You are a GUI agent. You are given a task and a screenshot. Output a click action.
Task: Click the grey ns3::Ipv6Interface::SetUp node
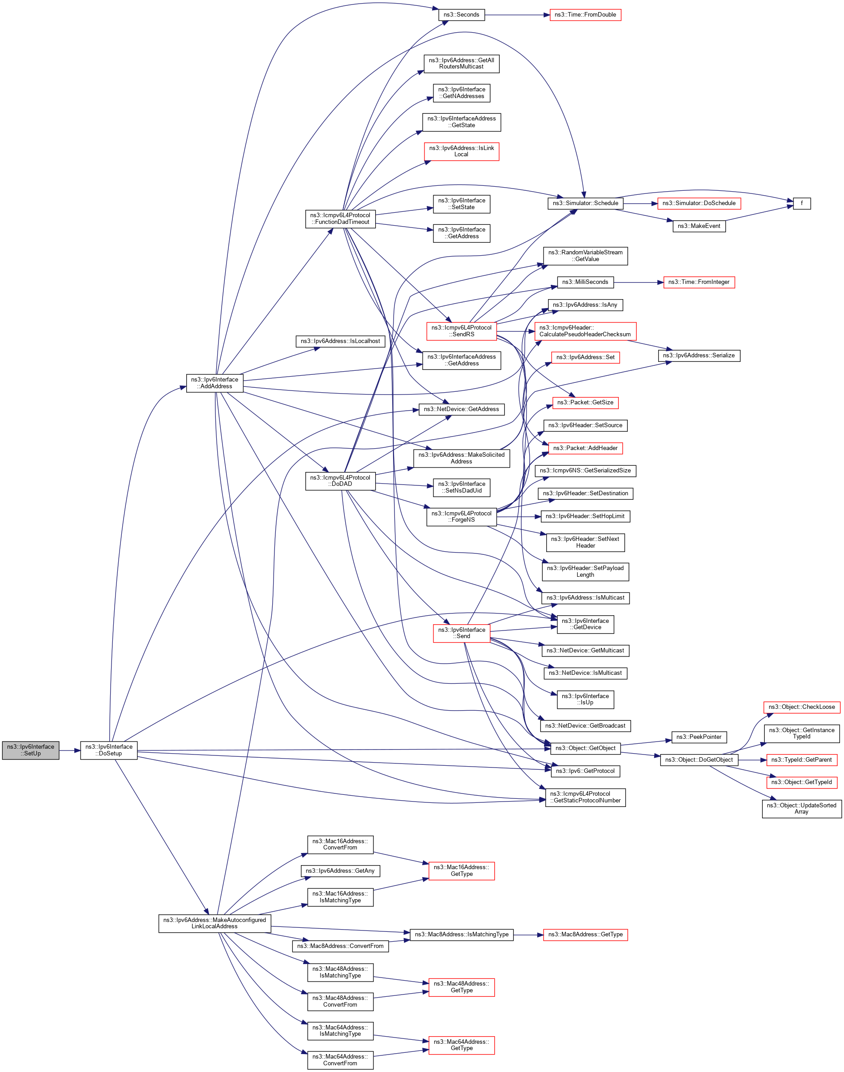point(30,750)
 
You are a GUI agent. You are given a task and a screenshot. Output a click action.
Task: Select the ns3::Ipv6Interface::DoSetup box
point(109,750)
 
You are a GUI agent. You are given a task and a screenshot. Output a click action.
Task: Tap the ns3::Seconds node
point(461,15)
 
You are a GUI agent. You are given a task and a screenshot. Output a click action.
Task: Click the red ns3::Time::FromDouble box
point(585,15)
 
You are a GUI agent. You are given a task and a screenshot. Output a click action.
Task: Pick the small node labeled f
point(801,203)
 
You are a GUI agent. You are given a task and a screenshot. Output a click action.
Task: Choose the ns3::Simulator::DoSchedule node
point(699,203)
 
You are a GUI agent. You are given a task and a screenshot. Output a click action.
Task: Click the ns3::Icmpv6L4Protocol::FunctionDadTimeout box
point(340,219)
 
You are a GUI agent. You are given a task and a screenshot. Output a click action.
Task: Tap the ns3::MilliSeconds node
point(585,282)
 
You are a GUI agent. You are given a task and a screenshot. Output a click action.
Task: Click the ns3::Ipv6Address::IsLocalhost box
point(340,341)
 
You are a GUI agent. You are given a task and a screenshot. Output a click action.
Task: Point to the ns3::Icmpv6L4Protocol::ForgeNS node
point(461,516)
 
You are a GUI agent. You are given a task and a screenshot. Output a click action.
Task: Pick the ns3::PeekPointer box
point(699,737)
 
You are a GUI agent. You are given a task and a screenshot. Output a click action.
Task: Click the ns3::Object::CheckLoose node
point(801,707)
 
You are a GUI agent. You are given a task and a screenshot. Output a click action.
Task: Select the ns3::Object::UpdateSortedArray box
point(801,808)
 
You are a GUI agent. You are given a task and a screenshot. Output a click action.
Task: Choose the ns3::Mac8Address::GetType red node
point(585,934)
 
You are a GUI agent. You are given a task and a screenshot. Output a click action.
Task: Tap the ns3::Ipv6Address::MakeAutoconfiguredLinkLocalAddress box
point(214,923)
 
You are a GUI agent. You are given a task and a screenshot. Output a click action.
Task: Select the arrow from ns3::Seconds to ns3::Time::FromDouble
point(517,15)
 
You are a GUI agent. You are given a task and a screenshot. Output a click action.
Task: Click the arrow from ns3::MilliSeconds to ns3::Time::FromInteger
point(638,282)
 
